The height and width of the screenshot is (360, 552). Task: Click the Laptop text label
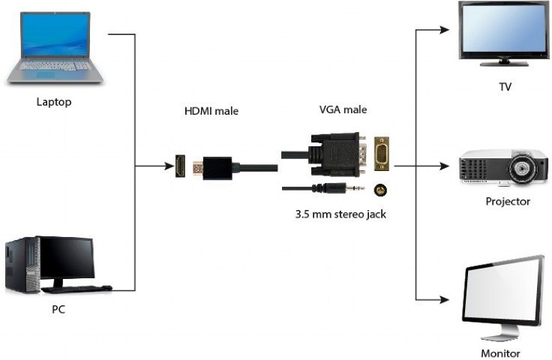point(54,102)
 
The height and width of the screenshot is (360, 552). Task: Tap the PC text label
point(58,309)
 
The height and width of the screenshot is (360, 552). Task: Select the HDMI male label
point(211,111)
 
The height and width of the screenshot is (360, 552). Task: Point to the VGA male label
point(343,109)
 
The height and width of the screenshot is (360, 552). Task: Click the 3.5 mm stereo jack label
point(340,214)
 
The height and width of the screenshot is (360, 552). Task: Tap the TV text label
point(505,87)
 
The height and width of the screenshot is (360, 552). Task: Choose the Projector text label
point(508,202)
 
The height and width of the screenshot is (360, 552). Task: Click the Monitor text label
point(500,353)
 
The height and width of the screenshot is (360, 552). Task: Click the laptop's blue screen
point(55,34)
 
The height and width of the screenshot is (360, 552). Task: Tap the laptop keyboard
point(55,66)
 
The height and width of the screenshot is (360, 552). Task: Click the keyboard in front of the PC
point(76,289)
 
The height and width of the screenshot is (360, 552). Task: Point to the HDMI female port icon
point(181,166)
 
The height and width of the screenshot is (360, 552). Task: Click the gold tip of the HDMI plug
point(198,169)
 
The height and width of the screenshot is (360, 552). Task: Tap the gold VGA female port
point(381,154)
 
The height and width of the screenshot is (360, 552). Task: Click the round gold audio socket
point(380,190)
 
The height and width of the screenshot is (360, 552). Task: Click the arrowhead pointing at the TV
point(444,30)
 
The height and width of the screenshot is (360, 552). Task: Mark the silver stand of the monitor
point(500,333)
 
